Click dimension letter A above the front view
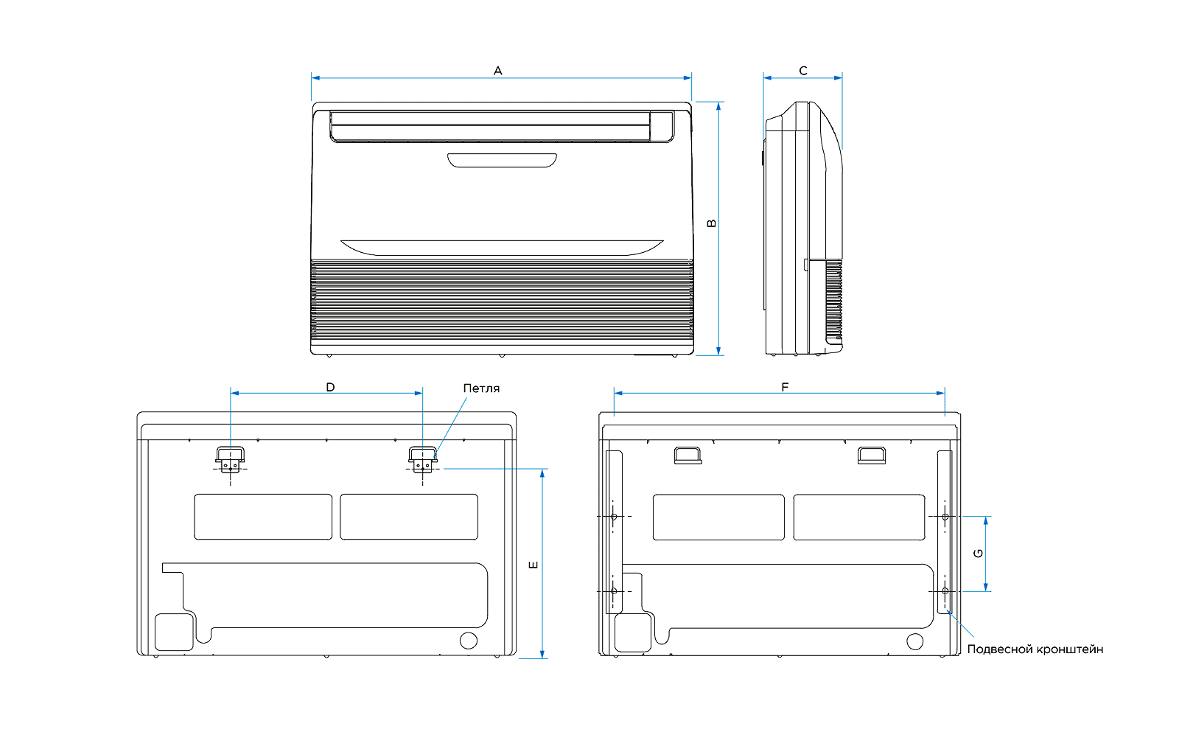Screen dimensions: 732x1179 click(498, 71)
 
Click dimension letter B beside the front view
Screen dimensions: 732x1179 click(712, 223)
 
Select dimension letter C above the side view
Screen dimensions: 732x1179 click(803, 71)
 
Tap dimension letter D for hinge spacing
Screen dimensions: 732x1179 click(330, 387)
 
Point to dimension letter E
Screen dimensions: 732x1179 click(533, 565)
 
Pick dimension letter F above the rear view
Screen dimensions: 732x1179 click(785, 387)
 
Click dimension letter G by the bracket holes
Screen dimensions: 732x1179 click(979, 554)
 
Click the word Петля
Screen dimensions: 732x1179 click(481, 388)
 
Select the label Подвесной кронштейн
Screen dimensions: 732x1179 click(1035, 649)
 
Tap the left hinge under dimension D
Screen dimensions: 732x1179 click(231, 459)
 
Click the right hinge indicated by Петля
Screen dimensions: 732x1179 click(422, 459)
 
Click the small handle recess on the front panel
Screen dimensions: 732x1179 click(502, 160)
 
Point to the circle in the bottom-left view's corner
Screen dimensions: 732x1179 click(469, 640)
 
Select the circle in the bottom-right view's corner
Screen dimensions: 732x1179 click(914, 641)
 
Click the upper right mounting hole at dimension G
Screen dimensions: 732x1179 click(945, 517)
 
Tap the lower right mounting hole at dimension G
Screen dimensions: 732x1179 click(945, 590)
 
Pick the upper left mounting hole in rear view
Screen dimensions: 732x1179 click(614, 517)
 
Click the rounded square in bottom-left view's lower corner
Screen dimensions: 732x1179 click(174, 632)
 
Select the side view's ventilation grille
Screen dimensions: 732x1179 click(833, 299)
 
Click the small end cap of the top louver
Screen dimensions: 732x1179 click(662, 125)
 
